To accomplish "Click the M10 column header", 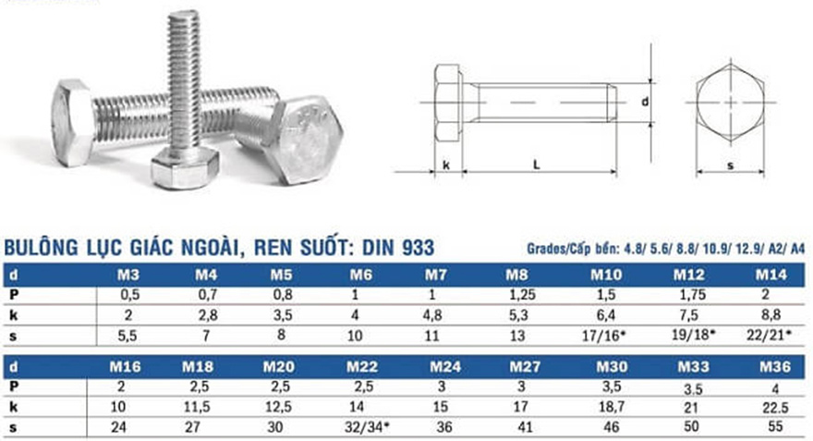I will tap(607, 275).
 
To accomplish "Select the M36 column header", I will tap(772, 367).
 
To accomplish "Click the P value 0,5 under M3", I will tap(129, 293).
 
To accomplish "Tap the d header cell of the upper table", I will tap(12, 275).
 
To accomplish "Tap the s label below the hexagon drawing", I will tap(730, 165).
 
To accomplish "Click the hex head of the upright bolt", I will tap(184, 166).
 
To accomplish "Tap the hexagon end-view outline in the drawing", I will tap(730, 102).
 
